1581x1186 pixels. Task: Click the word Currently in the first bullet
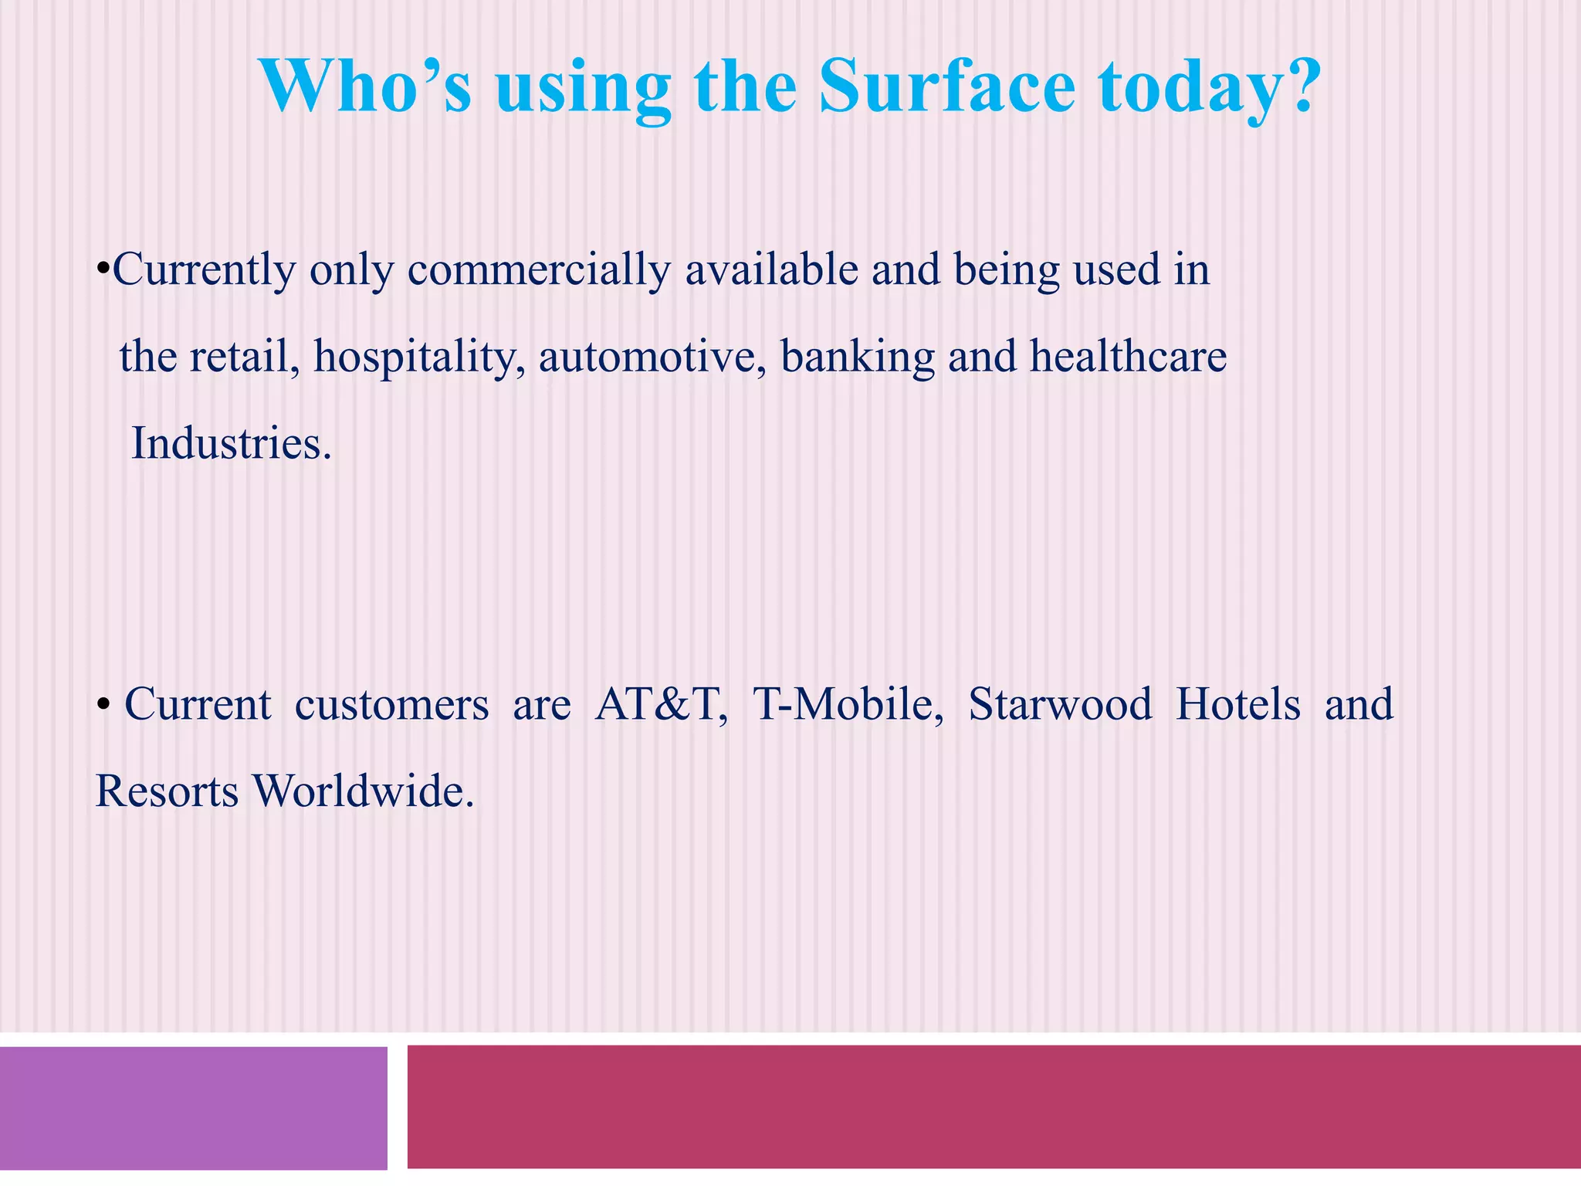coord(204,271)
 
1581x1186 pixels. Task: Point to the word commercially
coord(539,271)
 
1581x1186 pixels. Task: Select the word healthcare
coord(1128,358)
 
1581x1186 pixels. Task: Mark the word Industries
coord(231,444)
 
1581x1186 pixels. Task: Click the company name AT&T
coord(660,705)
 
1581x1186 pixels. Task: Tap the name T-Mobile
coord(847,705)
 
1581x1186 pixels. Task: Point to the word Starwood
coord(1060,705)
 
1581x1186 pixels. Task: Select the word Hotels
coord(1237,705)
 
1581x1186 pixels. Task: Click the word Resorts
coord(167,792)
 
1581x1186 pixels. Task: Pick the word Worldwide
coord(363,792)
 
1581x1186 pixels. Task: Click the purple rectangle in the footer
coord(193,1108)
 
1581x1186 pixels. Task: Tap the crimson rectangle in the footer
coord(994,1106)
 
